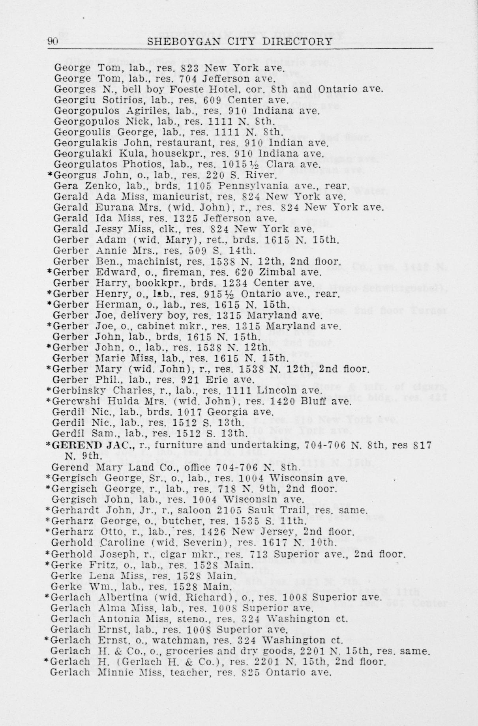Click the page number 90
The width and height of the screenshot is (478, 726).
tap(53, 42)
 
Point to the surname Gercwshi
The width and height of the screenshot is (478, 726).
tap(74, 402)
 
